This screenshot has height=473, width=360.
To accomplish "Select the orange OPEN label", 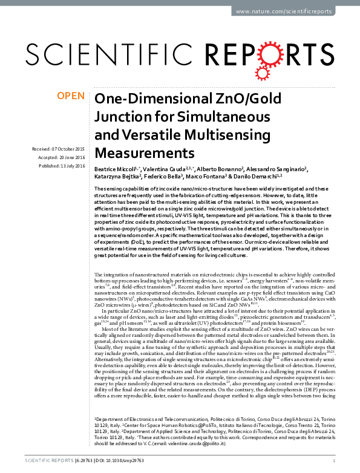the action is coord(70,96).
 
